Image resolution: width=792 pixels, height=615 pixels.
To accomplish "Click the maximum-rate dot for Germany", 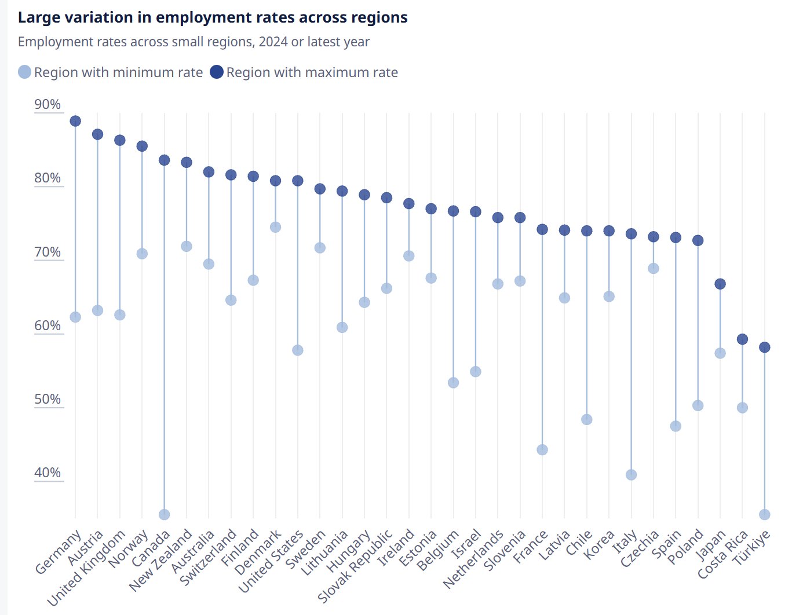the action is pos(75,121).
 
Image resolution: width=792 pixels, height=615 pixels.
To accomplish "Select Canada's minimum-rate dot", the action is pos(165,514).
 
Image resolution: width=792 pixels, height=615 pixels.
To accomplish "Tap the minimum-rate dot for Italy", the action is pos(632,475).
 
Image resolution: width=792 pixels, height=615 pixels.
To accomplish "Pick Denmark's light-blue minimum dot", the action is pos(276,227).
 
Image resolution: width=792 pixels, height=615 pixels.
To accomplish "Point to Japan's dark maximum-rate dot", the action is pos(720,284).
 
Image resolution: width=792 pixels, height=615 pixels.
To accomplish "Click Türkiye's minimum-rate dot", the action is pos(765,514).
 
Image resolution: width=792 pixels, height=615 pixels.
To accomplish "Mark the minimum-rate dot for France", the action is pos(542,450).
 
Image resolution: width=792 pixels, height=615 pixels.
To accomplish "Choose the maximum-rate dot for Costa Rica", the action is pos(742,339).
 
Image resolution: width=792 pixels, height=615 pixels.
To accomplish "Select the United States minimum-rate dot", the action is pos(298,350).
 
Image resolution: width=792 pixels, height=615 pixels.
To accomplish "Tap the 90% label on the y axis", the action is pos(48,104).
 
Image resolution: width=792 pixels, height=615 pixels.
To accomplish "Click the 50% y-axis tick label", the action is pos(48,399).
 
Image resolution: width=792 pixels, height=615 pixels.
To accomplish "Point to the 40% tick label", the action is pos(48,473).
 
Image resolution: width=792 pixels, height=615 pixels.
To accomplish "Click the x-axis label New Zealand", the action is pos(160,559).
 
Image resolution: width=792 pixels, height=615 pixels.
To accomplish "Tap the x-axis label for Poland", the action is pos(686,546).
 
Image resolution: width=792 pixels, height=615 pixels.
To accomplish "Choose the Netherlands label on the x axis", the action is pos(473,559).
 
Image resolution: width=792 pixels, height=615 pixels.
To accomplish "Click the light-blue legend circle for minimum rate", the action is pos(24,72).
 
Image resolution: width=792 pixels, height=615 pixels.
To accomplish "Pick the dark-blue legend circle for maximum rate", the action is pos(217,72).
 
